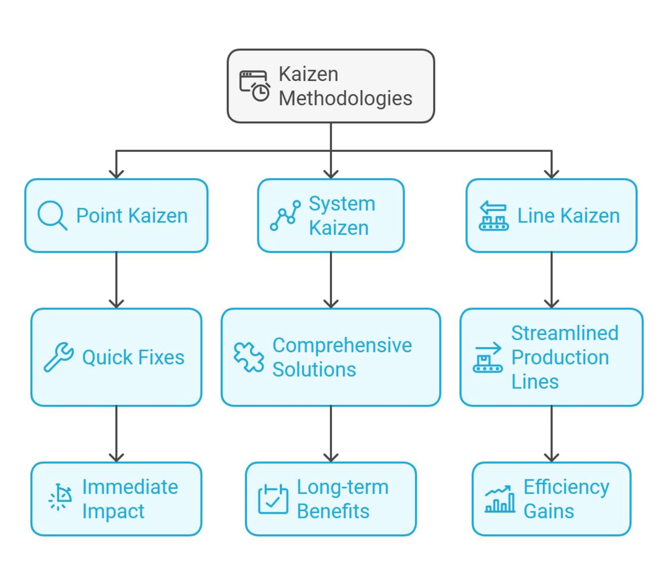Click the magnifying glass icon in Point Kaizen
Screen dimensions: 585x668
point(52,216)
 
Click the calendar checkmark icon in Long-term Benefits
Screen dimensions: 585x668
point(273,499)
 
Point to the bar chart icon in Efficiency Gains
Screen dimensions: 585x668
point(499,499)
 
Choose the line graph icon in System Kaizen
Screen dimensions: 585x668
point(285,216)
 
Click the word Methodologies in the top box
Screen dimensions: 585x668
point(345,98)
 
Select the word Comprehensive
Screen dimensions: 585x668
point(342,345)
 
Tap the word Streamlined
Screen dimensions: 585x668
point(565,333)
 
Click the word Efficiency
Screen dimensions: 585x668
point(567,487)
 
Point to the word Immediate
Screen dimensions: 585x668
point(130,487)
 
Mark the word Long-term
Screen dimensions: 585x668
point(342,487)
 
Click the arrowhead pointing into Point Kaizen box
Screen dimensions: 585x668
point(116,174)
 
